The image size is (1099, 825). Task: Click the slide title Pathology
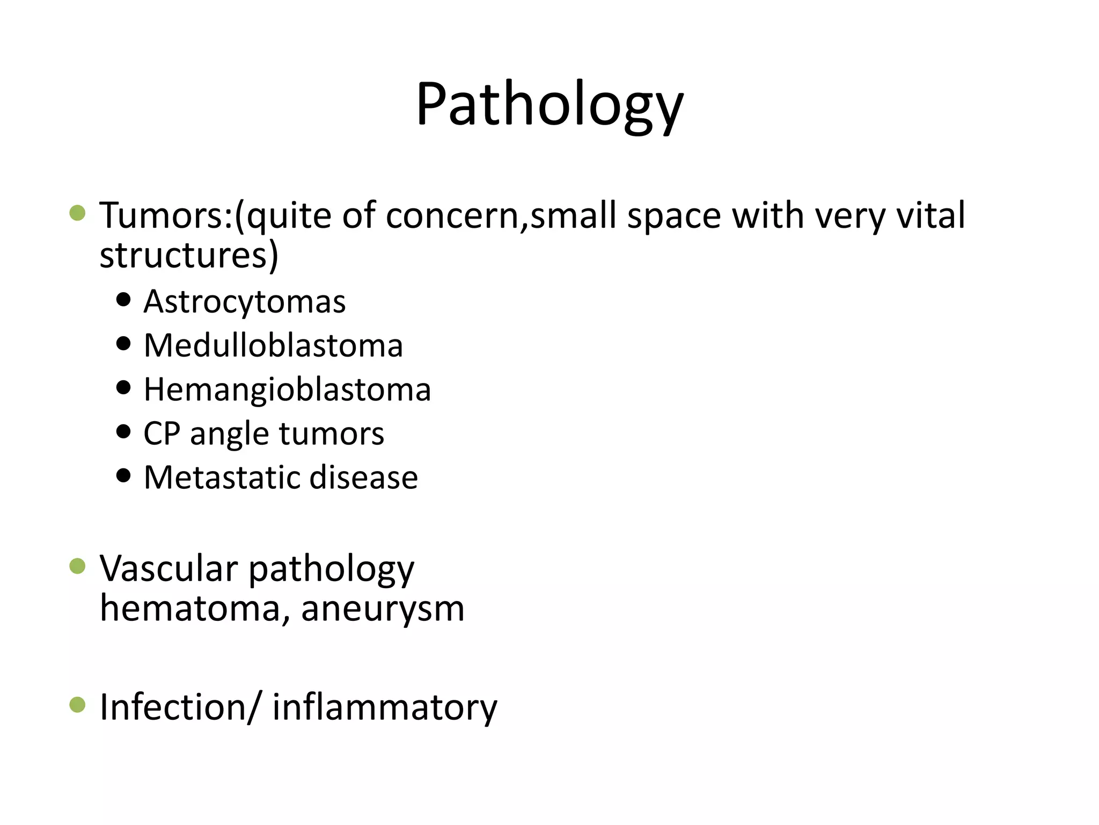coord(549,105)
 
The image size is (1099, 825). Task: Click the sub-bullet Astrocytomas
coord(245,302)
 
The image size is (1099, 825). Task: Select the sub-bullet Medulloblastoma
coord(273,345)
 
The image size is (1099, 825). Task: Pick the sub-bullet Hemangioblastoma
coord(287,389)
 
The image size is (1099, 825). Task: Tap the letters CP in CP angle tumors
coord(162,433)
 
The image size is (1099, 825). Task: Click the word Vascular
coord(169,569)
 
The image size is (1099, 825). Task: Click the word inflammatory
coord(385,707)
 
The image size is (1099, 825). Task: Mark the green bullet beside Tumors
coord(78,213)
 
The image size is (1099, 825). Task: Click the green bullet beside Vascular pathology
coord(78,566)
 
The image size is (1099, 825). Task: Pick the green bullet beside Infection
coord(78,705)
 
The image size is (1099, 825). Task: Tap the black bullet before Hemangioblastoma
coord(123,387)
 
